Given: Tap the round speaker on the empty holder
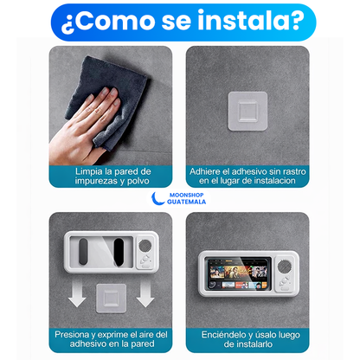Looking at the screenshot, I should click(146, 256).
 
